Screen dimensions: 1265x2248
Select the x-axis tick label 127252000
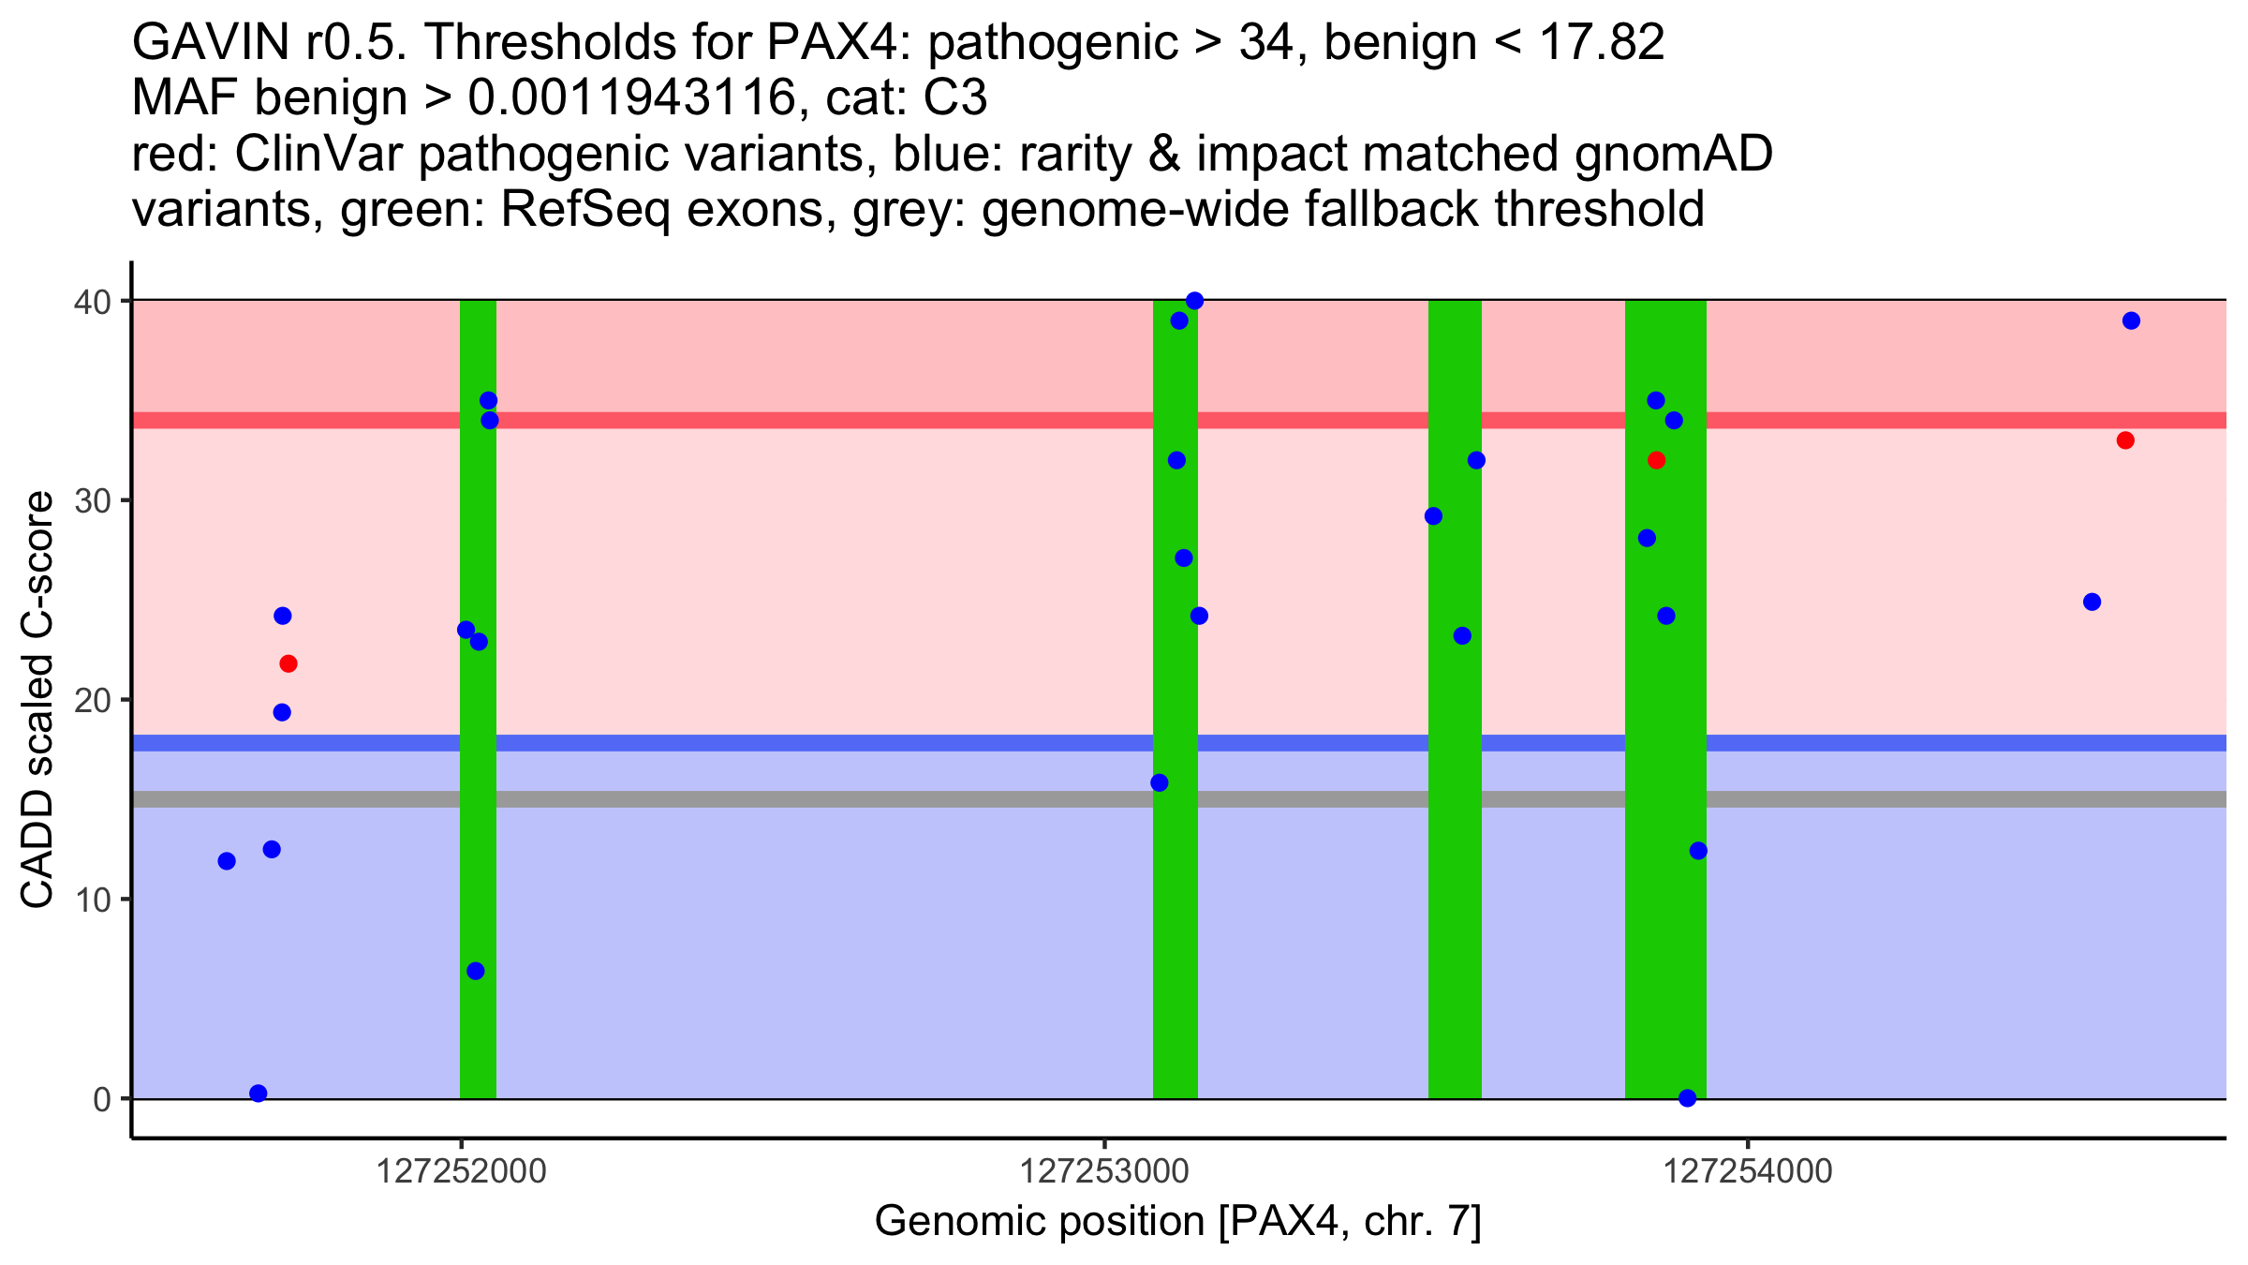click(460, 1172)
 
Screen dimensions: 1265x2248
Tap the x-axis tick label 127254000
click(1748, 1172)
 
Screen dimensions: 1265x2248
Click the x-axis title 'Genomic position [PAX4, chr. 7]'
click(1177, 1222)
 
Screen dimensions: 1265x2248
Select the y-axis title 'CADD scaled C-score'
click(37, 700)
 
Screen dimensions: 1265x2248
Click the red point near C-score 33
click(2125, 440)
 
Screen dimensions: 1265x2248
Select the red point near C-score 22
click(288, 664)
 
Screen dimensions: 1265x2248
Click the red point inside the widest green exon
click(1656, 460)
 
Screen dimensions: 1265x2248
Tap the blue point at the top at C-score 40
click(1194, 301)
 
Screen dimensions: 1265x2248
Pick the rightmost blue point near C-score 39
click(2131, 320)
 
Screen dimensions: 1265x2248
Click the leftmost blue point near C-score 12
click(227, 861)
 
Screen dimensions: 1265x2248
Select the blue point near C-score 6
click(476, 971)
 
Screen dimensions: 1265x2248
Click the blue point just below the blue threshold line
click(1160, 782)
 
